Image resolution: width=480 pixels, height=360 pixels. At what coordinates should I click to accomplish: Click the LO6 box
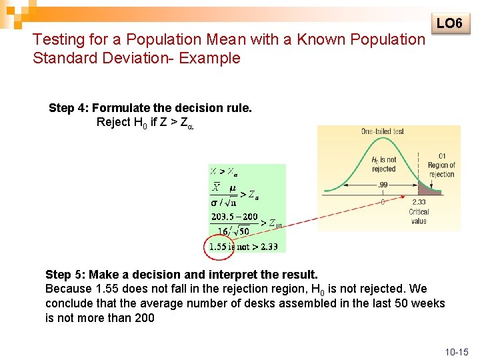[x=449, y=24]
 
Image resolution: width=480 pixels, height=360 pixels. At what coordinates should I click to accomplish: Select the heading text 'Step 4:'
[x=69, y=108]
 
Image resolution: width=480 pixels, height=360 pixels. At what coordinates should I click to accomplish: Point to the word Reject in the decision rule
[x=115, y=122]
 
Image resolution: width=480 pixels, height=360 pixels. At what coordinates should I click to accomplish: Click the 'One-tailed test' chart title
[x=383, y=131]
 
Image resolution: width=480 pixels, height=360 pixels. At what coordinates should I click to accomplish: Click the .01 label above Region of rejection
[x=442, y=156]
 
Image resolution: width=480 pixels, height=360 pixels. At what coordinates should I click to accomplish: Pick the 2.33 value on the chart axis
[x=419, y=202]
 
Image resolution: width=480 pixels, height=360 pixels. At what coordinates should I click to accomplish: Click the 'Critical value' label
[x=419, y=216]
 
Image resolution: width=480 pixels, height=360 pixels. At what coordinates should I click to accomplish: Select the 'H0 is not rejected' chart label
[x=383, y=164]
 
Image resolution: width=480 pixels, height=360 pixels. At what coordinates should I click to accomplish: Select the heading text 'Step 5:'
[x=65, y=275]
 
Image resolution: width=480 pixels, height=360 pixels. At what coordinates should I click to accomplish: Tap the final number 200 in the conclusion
[x=144, y=318]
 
